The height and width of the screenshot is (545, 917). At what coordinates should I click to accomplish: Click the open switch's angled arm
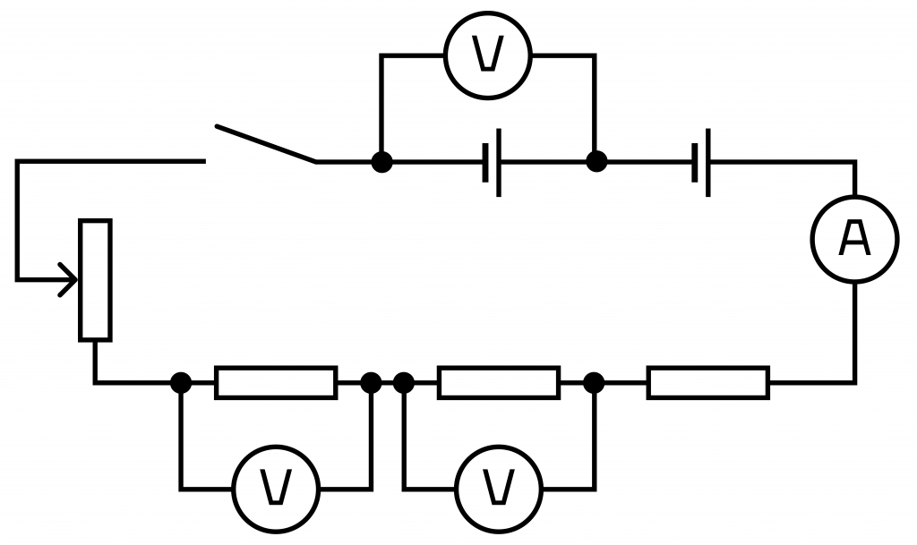pyautogui.click(x=266, y=143)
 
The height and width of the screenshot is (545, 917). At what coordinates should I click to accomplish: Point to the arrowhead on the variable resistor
pyautogui.click(x=68, y=280)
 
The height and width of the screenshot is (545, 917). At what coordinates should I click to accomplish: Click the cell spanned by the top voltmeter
pyautogui.click(x=492, y=162)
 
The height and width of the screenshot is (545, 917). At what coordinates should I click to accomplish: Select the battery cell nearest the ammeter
pyautogui.click(x=701, y=162)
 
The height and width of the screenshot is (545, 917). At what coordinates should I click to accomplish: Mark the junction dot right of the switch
pyautogui.click(x=381, y=162)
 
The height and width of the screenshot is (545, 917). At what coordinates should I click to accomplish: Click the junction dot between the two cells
pyautogui.click(x=596, y=162)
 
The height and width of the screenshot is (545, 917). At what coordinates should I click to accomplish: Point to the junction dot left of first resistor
pyautogui.click(x=181, y=383)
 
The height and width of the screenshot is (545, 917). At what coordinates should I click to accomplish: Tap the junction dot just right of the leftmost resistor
pyautogui.click(x=371, y=383)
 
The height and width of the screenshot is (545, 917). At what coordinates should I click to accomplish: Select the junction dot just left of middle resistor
pyautogui.click(x=404, y=383)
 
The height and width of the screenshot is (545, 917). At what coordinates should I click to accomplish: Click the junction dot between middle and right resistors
pyautogui.click(x=594, y=383)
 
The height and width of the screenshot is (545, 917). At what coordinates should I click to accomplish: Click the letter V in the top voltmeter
pyautogui.click(x=488, y=55)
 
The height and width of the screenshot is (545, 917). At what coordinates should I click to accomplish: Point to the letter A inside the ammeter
pyautogui.click(x=854, y=238)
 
